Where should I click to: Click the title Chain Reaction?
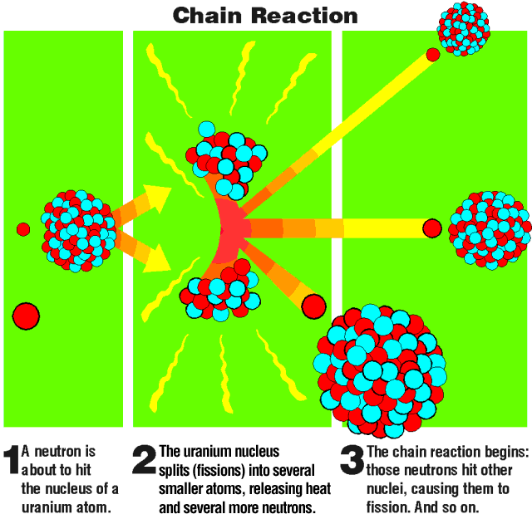click(x=265, y=15)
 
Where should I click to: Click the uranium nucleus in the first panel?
click(x=78, y=230)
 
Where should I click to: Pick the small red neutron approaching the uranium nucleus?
click(x=23, y=229)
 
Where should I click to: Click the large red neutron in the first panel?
click(x=26, y=316)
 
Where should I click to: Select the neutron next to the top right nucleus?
click(x=433, y=55)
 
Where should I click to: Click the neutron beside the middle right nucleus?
click(x=431, y=227)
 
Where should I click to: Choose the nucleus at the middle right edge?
click(x=488, y=229)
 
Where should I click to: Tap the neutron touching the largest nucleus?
click(x=313, y=306)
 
